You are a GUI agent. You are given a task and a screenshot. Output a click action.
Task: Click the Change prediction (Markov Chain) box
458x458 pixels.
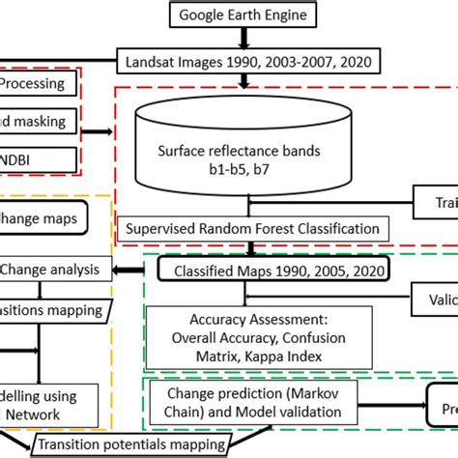tap(254, 403)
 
